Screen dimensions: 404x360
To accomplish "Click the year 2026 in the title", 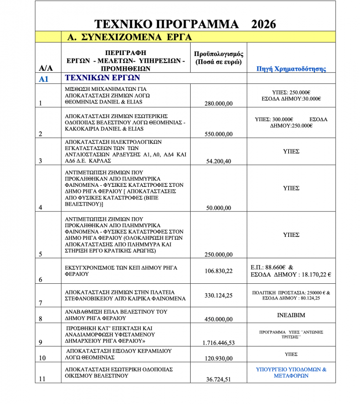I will (x=263, y=24).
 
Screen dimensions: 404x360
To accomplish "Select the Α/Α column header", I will (x=46, y=68).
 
